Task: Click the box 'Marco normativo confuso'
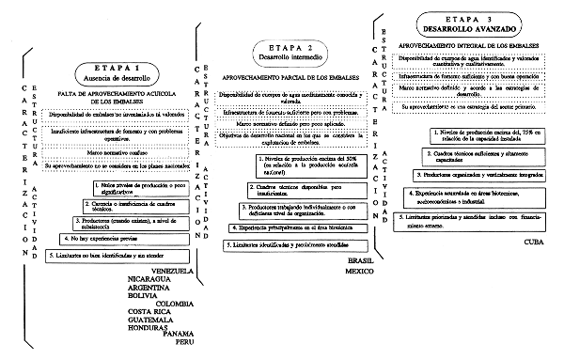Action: pyautogui.click(x=113, y=152)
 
